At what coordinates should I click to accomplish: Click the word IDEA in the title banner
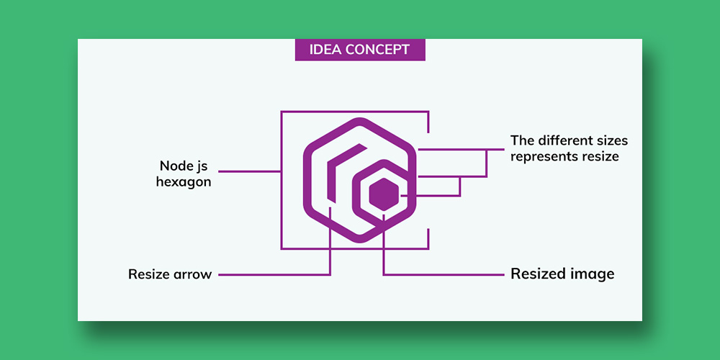(x=325, y=50)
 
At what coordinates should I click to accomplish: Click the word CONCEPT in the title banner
(x=377, y=50)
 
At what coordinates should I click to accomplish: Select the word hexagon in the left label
(x=184, y=182)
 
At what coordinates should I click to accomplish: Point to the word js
(x=199, y=167)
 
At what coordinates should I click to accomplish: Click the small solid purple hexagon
(x=384, y=194)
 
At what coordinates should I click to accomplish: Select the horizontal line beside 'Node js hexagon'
(x=249, y=171)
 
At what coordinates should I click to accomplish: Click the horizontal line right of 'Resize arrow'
(x=274, y=274)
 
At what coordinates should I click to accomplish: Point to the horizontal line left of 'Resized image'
(x=444, y=274)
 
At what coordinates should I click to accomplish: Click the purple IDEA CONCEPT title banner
(x=360, y=50)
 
